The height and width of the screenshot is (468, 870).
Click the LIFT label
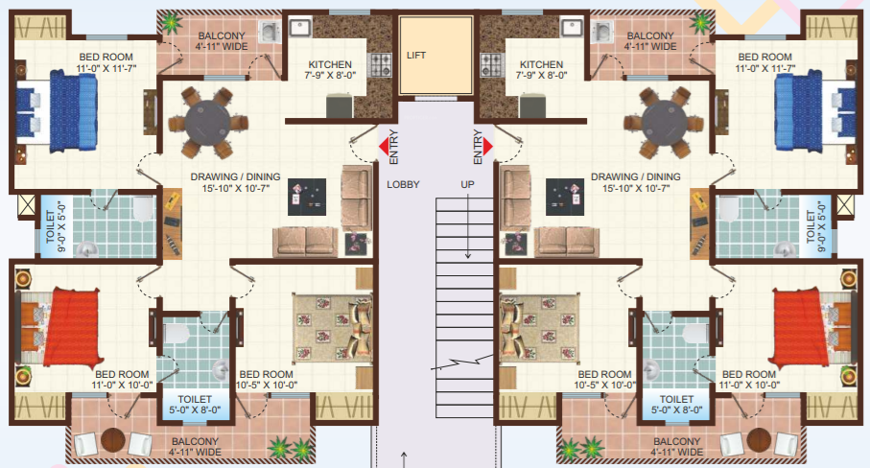click(415, 56)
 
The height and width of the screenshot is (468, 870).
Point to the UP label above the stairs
click(467, 184)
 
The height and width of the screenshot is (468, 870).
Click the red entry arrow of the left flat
click(383, 146)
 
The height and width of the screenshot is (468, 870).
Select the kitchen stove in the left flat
click(380, 66)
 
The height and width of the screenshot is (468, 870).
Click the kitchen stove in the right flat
click(491, 66)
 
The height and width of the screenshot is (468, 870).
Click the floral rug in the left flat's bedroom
click(332, 326)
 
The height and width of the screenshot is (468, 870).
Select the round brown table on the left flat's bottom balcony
click(113, 442)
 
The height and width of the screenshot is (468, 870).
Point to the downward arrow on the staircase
click(467, 246)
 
